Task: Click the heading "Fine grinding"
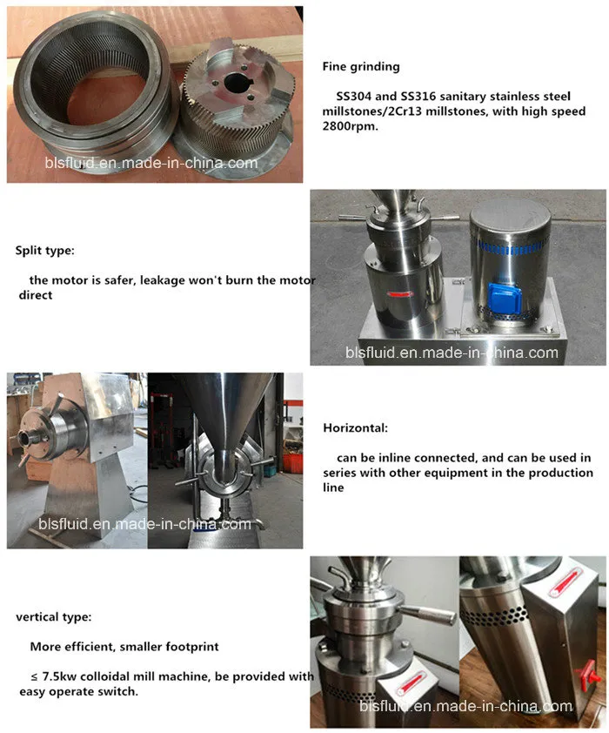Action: (361, 67)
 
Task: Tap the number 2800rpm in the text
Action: (350, 126)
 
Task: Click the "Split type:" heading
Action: (45, 251)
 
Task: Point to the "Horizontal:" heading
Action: (356, 427)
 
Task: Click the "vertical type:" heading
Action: (54, 617)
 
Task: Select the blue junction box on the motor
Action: (504, 299)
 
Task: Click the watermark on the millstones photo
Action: (151, 163)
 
